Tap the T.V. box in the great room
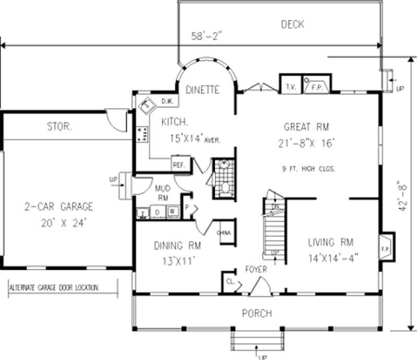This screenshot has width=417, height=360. click(290, 87)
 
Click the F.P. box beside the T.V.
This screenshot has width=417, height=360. click(316, 87)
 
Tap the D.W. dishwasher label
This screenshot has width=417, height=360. click(167, 101)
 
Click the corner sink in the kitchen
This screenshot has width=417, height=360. click(146, 105)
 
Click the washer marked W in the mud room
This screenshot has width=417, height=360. click(171, 212)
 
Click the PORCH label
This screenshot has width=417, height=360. click(256, 313)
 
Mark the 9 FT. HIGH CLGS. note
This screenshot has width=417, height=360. click(308, 169)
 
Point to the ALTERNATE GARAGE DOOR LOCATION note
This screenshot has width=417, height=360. click(55, 287)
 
